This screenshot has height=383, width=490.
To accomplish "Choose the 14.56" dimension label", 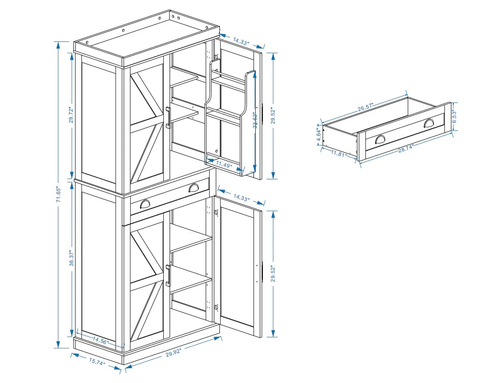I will coord(101,341).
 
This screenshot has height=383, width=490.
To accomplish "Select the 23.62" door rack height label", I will coord(255,120).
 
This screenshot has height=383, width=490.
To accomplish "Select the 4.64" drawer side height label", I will coord(319,135).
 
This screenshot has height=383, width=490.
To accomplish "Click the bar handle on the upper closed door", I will coord(168,118).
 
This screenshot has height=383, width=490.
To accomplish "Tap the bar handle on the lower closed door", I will coord(168,275).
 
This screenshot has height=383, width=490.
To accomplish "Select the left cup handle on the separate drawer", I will coord(381,139).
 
